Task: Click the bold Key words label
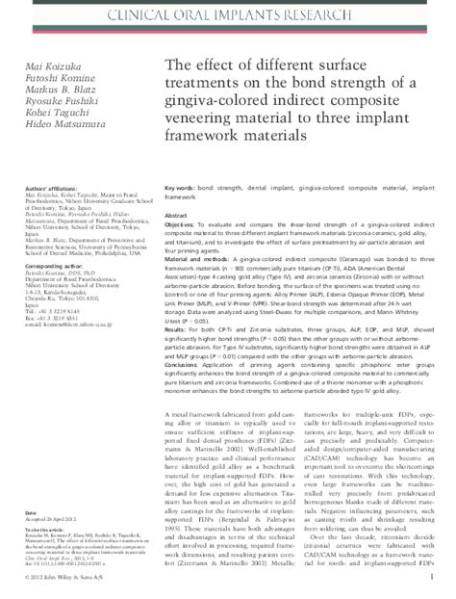(183, 180)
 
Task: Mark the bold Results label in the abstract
(179, 329)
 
